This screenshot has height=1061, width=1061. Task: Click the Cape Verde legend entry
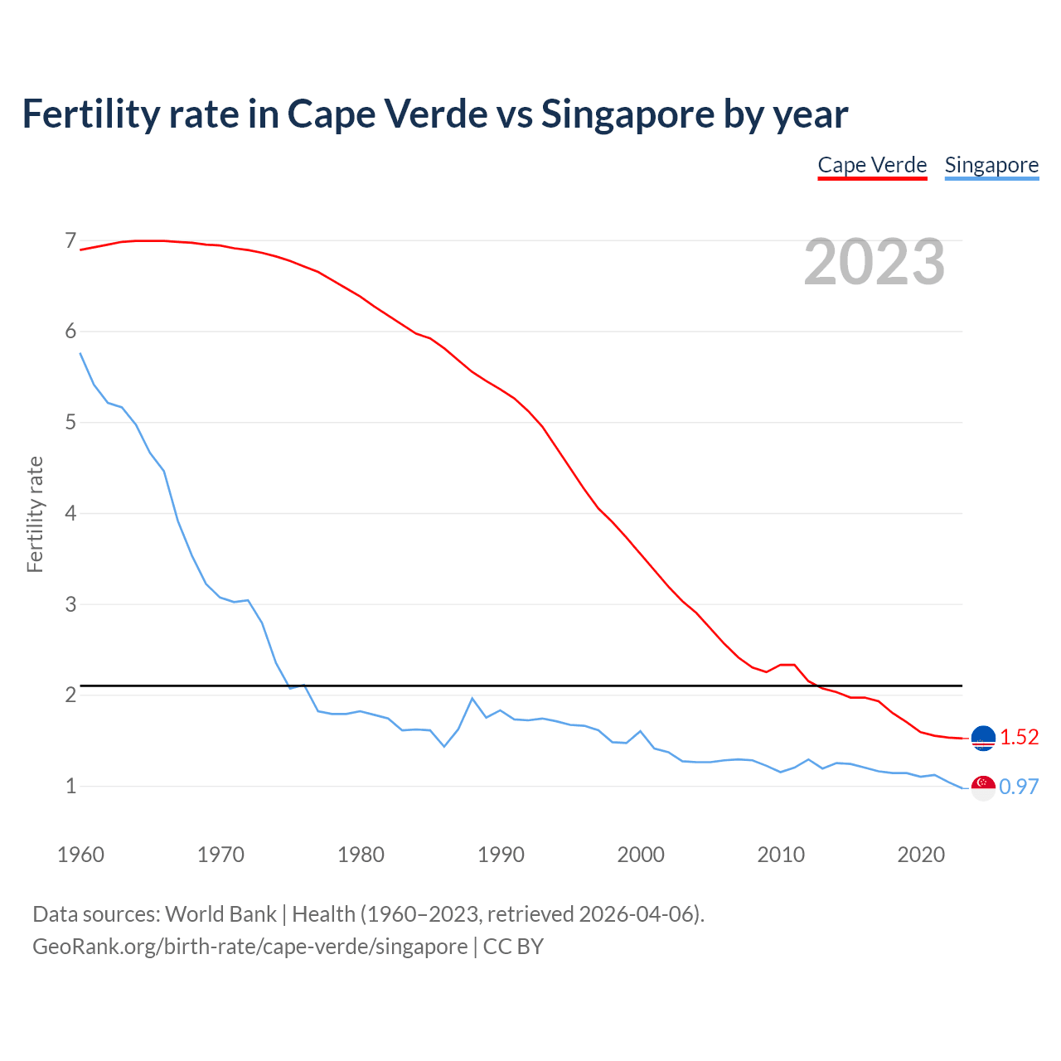(872, 165)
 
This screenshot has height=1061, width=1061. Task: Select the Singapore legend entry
(991, 165)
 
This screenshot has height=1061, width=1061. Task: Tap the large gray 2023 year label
(874, 262)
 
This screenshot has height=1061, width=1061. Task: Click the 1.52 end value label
(1019, 737)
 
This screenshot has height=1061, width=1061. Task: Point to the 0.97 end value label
(1019, 787)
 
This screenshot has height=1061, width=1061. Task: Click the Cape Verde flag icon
(983, 737)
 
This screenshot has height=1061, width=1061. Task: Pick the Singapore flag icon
(983, 787)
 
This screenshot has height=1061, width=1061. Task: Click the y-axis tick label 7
(70, 241)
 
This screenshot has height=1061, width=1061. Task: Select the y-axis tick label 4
(70, 513)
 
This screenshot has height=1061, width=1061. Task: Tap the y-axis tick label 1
(70, 786)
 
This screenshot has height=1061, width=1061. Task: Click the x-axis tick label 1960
(80, 855)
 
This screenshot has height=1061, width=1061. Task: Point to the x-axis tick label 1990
(501, 855)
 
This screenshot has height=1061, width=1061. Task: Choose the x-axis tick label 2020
(921, 855)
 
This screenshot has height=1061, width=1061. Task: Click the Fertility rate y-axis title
(35, 514)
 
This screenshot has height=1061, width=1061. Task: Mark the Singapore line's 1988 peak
(472, 698)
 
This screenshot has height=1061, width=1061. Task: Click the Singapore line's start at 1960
(80, 353)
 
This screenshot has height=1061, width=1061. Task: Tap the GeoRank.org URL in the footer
(250, 947)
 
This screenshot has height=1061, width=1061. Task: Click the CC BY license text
(513, 947)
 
